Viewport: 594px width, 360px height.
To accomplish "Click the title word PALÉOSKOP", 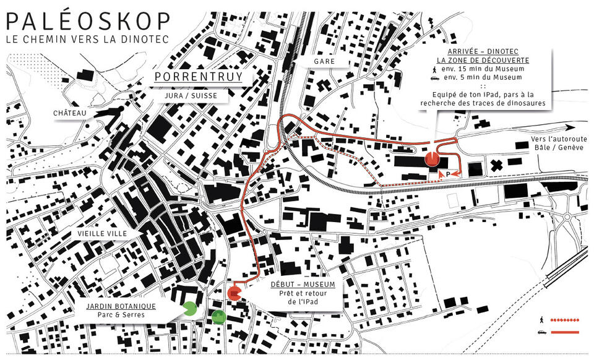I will tap(87, 22).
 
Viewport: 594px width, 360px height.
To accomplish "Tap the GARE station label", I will tap(324, 61).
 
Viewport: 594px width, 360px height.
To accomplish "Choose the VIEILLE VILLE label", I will tap(103, 234).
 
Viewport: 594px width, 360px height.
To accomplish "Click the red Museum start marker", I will tap(235, 293).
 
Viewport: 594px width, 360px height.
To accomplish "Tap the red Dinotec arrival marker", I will tap(432, 159).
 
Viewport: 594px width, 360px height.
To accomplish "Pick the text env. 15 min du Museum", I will tap(493, 69).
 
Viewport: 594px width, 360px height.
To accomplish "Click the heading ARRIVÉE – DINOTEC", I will tap(482, 51).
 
